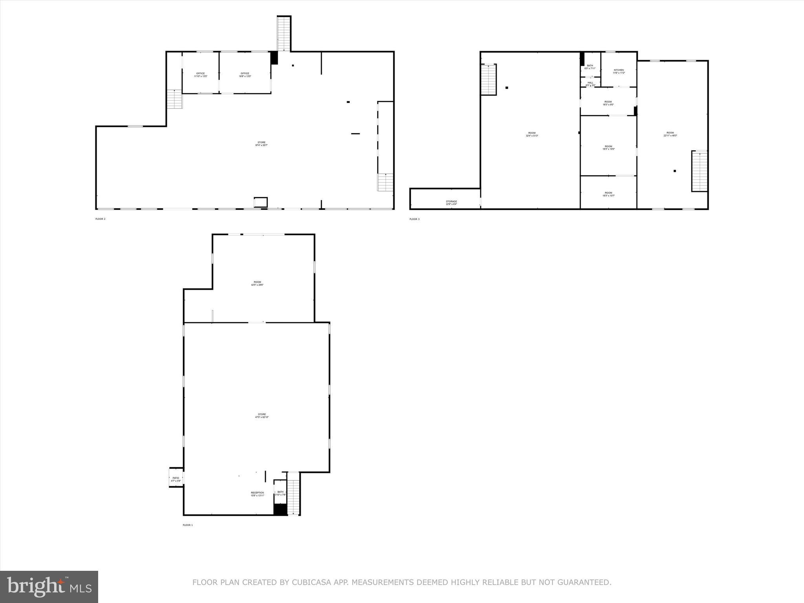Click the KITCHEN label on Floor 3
pyautogui.click(x=619, y=71)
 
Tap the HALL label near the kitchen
pyautogui.click(x=590, y=84)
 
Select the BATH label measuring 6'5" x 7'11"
pyautogui.click(x=590, y=67)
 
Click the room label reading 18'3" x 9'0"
pyautogui.click(x=608, y=103)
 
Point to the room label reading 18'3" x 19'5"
pyautogui.click(x=608, y=148)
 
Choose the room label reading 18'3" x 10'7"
pyautogui.click(x=608, y=194)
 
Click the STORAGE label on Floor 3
pyautogui.click(x=451, y=203)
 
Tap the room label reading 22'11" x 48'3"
pyautogui.click(x=670, y=134)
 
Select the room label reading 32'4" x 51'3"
pyautogui.click(x=532, y=134)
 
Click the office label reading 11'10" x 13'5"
pyautogui.click(x=200, y=75)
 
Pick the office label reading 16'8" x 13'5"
pyautogui.click(x=245, y=75)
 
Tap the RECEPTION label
pyautogui.click(x=258, y=494)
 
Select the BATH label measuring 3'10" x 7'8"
pyautogui.click(x=280, y=493)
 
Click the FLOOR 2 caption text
pyautogui.click(x=100, y=219)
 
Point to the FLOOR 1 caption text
pyautogui.click(x=188, y=525)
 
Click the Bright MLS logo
pyautogui.click(x=49, y=587)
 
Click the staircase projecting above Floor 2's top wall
pyautogui.click(x=283, y=33)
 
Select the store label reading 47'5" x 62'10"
pyautogui.click(x=262, y=416)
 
